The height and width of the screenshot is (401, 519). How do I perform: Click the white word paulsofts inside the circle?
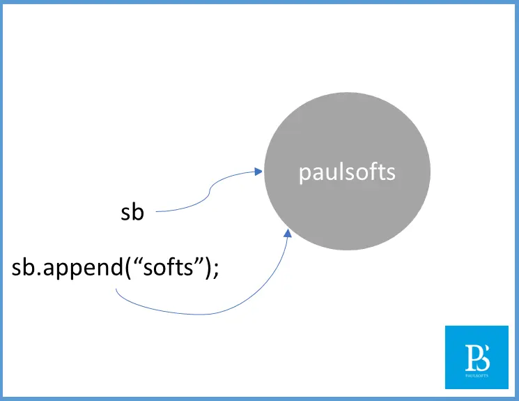pos(347,173)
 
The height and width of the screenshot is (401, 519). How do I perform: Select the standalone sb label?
pos(132,212)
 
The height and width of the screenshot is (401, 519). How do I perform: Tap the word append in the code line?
pos(83,268)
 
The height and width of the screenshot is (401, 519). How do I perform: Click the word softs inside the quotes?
pos(168,267)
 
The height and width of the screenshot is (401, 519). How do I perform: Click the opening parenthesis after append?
pos(128,268)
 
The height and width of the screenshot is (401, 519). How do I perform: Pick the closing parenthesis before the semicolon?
pos(208,268)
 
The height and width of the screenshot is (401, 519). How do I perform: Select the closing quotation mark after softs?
pos(199,261)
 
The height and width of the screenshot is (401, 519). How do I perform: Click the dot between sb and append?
pos(39,273)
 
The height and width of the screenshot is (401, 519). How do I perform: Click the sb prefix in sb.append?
pos(23,267)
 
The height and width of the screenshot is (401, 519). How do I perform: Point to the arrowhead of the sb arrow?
pos(258,172)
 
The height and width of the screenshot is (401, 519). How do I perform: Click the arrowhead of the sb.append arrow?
pos(288,233)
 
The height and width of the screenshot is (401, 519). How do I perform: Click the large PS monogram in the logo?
pos(477,358)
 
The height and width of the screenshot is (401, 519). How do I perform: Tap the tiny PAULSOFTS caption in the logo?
pos(477,376)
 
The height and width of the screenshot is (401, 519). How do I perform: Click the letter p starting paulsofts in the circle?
pos(304,174)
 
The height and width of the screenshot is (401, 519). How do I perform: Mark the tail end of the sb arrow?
pos(156,211)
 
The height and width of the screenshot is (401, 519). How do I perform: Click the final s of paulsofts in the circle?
pos(392,174)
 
